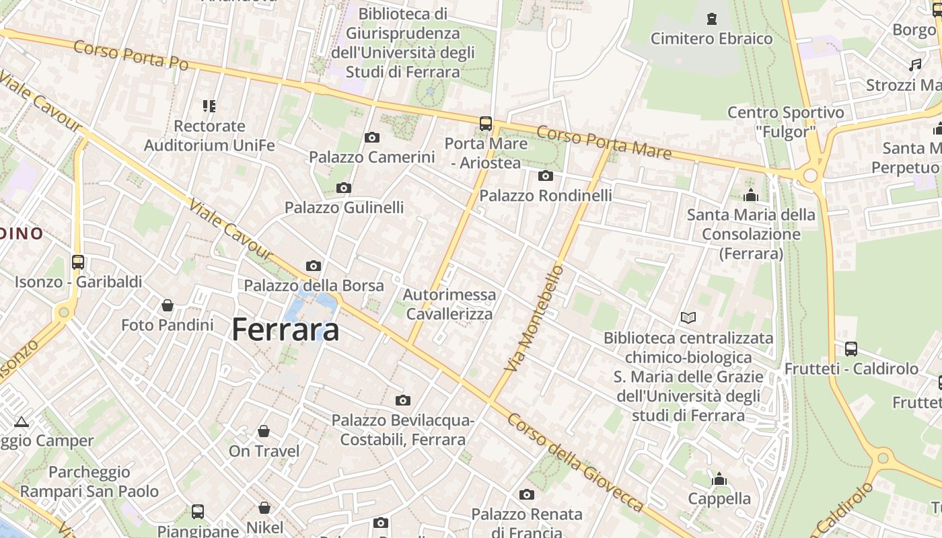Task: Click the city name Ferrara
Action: (285, 330)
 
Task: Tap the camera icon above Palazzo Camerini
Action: (371, 138)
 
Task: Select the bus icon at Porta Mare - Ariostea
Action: (486, 124)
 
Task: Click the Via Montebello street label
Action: (534, 319)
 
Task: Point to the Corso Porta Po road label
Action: (131, 56)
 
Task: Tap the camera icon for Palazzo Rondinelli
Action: (546, 176)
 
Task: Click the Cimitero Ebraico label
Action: (711, 38)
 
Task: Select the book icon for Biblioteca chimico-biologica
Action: (688, 317)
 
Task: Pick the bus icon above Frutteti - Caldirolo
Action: (851, 349)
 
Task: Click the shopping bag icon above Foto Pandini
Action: (168, 306)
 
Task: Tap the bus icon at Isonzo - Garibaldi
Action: (78, 262)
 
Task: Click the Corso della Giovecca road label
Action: (575, 461)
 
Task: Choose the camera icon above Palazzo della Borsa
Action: (314, 266)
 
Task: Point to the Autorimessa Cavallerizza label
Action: (449, 304)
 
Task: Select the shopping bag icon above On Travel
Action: (264, 431)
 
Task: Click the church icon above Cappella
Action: (719, 479)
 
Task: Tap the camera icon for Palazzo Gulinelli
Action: (344, 188)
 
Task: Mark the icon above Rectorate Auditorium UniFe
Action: (209, 106)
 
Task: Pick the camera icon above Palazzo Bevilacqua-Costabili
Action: (403, 401)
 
